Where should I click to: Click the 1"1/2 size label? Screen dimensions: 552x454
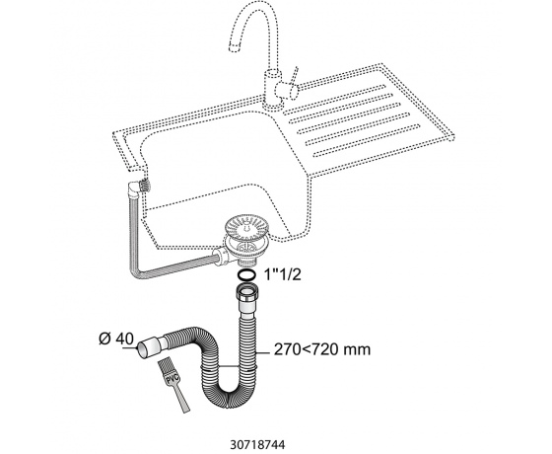tap(283, 274)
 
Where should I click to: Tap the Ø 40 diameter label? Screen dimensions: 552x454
tap(116, 340)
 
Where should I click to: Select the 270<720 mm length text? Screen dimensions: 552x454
tap(322, 349)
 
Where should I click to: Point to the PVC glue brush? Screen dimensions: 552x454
tap(173, 385)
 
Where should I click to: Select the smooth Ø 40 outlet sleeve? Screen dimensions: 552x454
tap(150, 346)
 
